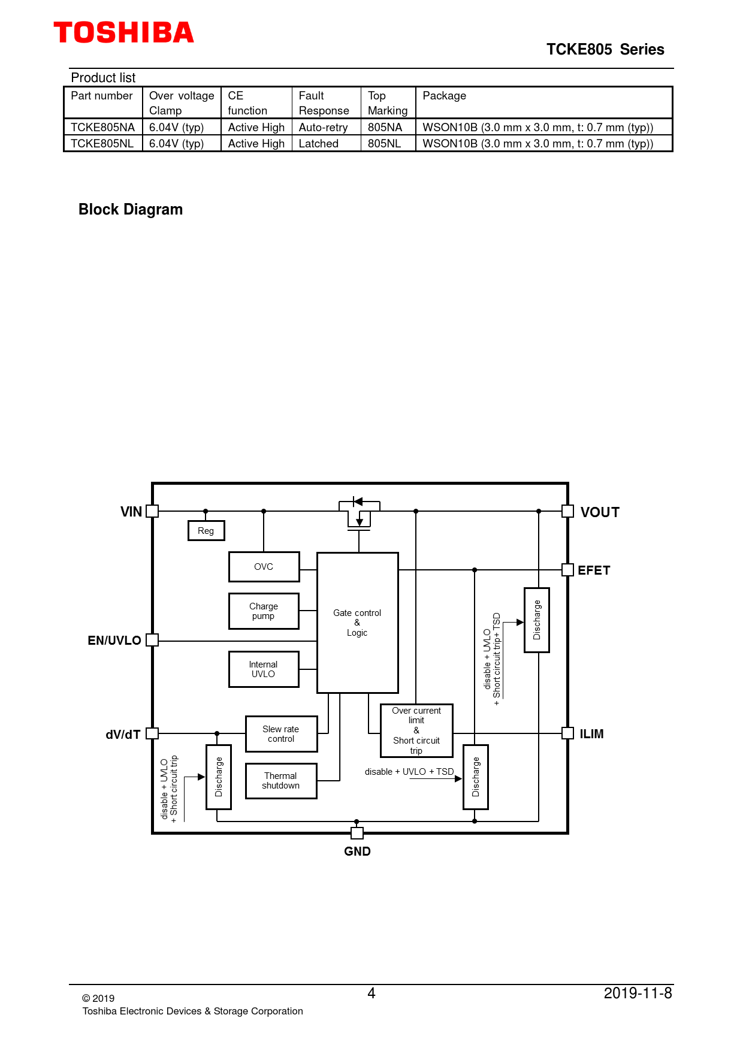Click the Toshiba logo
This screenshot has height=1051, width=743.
click(x=124, y=32)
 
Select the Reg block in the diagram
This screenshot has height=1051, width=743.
click(x=206, y=530)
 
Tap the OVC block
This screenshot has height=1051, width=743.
click(x=264, y=567)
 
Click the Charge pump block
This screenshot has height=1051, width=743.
click(x=264, y=611)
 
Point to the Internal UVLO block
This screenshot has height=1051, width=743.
click(x=264, y=669)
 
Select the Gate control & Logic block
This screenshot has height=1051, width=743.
click(x=358, y=623)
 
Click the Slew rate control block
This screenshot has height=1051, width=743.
click(x=281, y=734)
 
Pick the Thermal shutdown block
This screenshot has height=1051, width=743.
click(x=281, y=781)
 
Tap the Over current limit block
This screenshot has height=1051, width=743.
click(x=416, y=730)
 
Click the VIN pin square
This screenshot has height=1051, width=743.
click(x=152, y=511)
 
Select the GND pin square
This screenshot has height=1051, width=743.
click(x=357, y=833)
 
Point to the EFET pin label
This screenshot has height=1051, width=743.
click(x=594, y=570)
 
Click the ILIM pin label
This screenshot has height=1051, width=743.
click(x=591, y=734)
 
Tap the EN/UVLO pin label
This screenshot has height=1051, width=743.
click(x=114, y=641)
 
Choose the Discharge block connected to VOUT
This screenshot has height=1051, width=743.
click(x=537, y=620)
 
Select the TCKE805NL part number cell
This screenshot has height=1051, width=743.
click(x=102, y=144)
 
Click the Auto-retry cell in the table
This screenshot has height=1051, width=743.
click(x=324, y=128)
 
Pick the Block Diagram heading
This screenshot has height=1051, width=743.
click(x=131, y=210)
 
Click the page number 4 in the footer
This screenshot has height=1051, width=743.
click(x=371, y=993)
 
